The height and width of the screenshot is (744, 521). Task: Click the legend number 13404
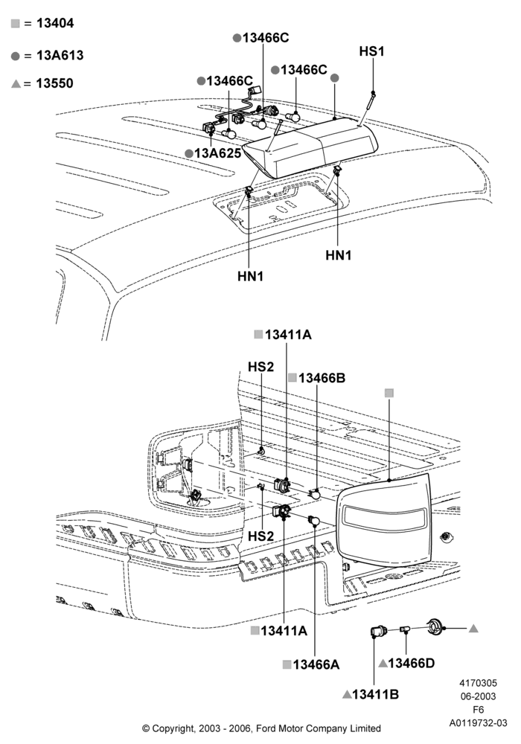point(55,23)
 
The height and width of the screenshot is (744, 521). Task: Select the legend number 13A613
point(60,55)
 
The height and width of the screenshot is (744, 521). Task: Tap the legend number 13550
point(54,83)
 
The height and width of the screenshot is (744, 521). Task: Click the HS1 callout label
point(371,51)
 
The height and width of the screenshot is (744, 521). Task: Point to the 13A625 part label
point(217,153)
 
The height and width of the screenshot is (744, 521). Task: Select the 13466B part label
point(322,378)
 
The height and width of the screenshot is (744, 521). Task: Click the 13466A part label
point(316,664)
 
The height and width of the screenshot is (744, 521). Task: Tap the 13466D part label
point(411,663)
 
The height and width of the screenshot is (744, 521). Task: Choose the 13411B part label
point(375,694)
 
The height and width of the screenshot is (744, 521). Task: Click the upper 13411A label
point(288,335)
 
